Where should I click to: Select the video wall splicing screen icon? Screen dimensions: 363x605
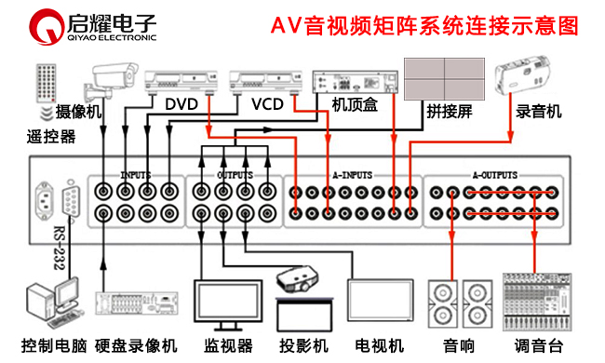pos(444,77)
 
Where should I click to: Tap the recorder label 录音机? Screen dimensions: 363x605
pos(540,111)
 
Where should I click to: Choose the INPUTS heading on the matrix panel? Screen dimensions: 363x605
pos(135,174)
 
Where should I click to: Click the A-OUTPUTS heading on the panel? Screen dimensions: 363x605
pos(495,174)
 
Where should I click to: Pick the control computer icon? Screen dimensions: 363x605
pos(50,302)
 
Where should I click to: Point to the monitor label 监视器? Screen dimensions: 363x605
pos(228,346)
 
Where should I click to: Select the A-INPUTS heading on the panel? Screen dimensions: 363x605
pos(353,174)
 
